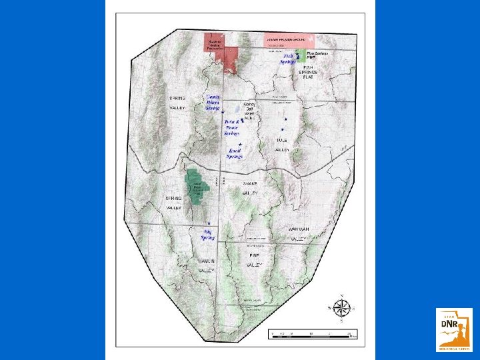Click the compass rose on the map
[x=341, y=308]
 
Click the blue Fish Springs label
[x=289, y=59]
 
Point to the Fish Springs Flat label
[x=308, y=72]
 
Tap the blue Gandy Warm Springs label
[x=213, y=102]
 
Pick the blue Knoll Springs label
[x=235, y=153]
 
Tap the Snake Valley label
[x=250, y=188]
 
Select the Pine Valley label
[x=254, y=260]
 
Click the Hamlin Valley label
[x=207, y=265]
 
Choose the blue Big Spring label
[x=209, y=234]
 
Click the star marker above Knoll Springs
[x=239, y=144]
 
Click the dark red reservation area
[x=215, y=42]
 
